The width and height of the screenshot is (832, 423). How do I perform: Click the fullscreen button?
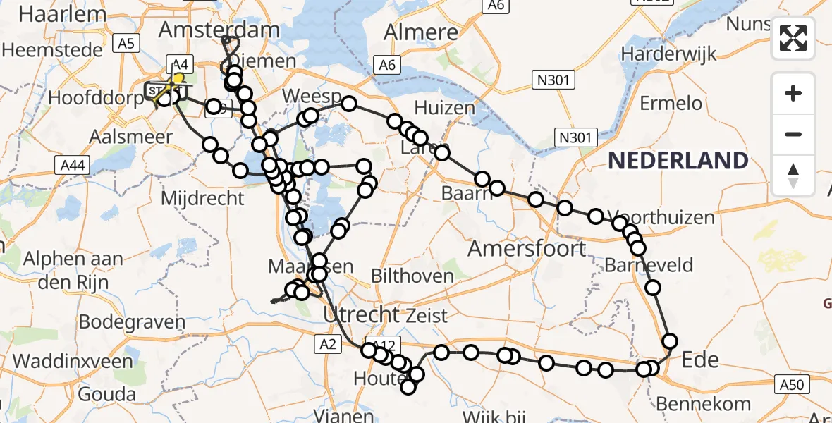[x=793, y=38]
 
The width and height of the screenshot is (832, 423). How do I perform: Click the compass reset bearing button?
[x=793, y=176]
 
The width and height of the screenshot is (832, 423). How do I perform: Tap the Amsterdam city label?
[x=219, y=30]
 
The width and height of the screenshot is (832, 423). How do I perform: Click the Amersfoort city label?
[x=527, y=248]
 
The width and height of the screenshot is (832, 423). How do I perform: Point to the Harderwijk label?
[x=668, y=54]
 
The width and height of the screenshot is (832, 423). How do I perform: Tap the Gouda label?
[x=107, y=393]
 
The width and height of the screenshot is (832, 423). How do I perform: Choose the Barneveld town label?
[x=649, y=266]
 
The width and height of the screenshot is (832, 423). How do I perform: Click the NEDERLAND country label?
[x=678, y=161]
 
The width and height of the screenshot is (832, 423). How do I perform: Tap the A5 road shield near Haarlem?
[x=126, y=44]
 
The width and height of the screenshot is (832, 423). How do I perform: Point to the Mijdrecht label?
[x=202, y=198]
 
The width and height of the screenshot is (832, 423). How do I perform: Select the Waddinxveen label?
[x=72, y=362]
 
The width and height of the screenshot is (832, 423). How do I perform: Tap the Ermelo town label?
[x=671, y=104]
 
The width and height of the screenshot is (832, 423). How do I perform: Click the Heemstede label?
[x=49, y=50]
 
